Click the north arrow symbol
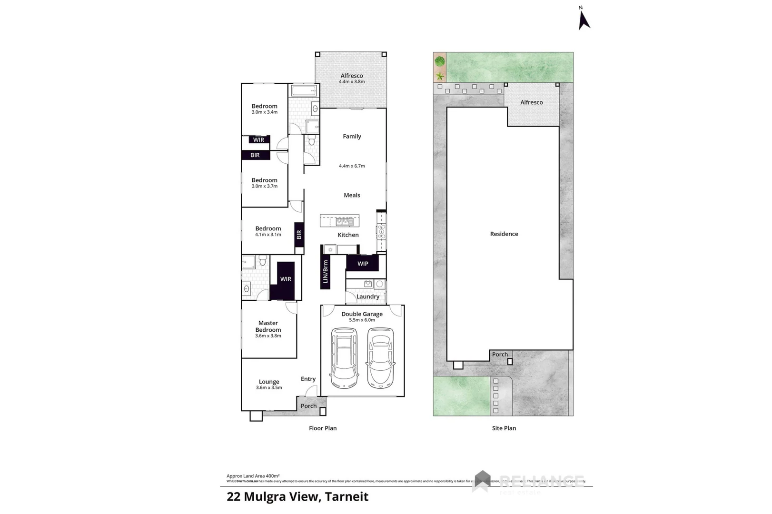(x=584, y=20)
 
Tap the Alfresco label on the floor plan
(x=352, y=76)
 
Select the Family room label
(x=352, y=137)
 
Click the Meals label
(x=352, y=195)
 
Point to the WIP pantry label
(x=363, y=264)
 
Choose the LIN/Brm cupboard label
(x=326, y=272)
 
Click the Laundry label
(x=368, y=297)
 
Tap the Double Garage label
(x=362, y=314)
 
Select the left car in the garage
(x=344, y=357)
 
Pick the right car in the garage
(x=381, y=357)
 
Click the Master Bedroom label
(x=268, y=326)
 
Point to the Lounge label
(x=269, y=382)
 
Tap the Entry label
(x=308, y=379)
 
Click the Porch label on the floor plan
(x=308, y=406)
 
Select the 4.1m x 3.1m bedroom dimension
(x=268, y=235)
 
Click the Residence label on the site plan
(x=504, y=234)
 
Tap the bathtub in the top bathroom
(x=304, y=91)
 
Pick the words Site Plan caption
(x=504, y=428)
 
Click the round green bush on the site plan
(x=440, y=61)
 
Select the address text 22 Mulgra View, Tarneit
(x=297, y=497)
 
